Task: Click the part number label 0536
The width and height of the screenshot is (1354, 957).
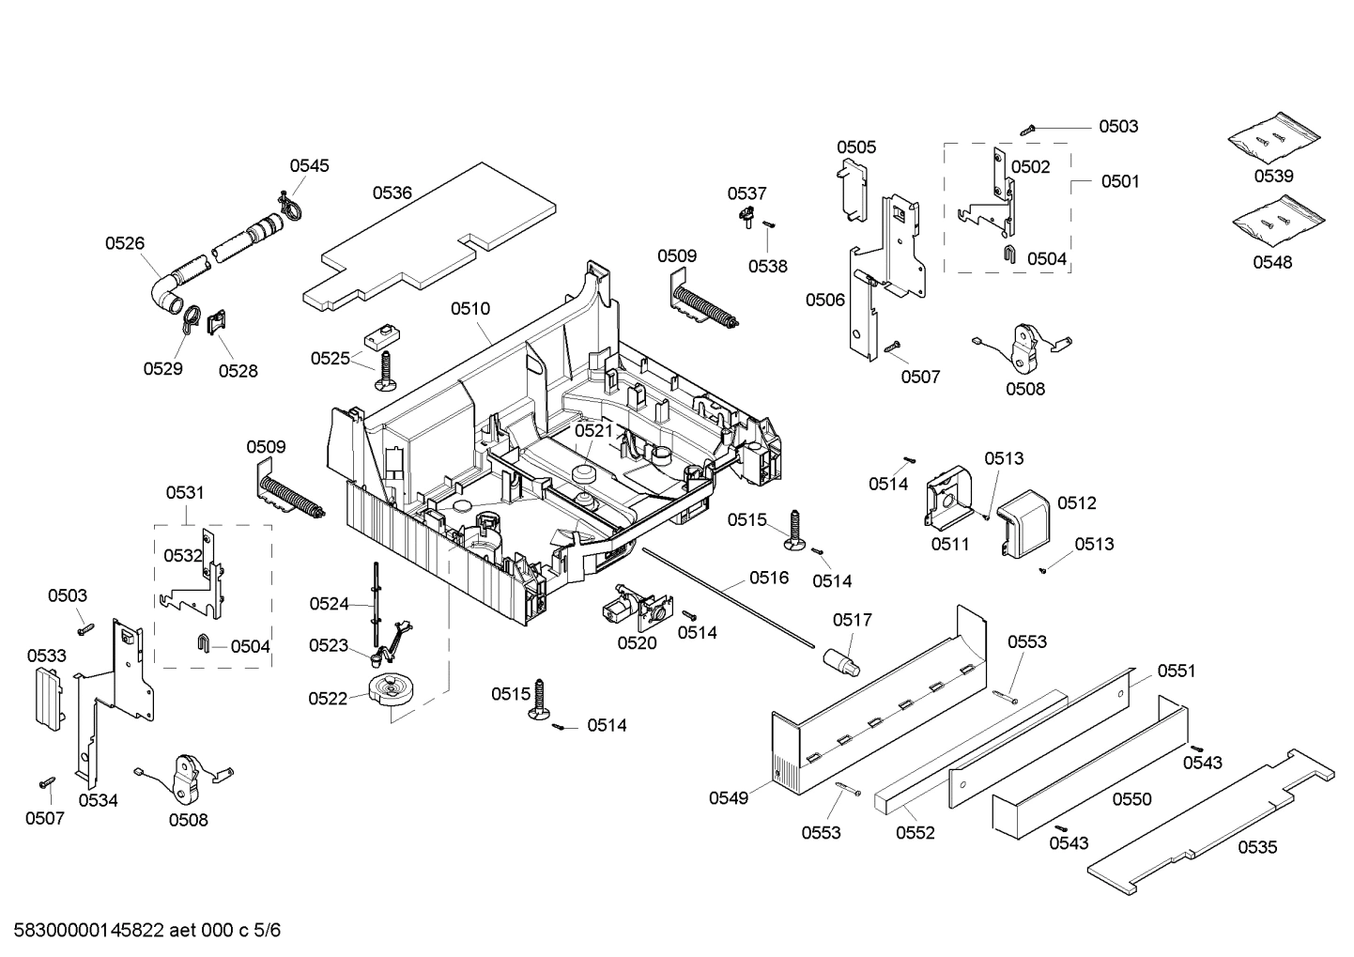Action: (392, 193)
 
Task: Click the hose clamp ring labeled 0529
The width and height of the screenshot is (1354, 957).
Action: (191, 318)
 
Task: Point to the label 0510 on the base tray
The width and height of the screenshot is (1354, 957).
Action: (469, 308)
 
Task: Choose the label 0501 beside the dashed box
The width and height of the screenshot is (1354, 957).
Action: (1119, 181)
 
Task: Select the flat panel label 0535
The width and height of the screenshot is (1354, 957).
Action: (1256, 847)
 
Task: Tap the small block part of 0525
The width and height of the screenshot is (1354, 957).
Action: (381, 334)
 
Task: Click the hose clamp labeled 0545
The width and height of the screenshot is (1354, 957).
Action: (290, 208)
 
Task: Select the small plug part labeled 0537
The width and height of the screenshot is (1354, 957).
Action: (746, 218)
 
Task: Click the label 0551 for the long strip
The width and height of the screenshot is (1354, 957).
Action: (1176, 671)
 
